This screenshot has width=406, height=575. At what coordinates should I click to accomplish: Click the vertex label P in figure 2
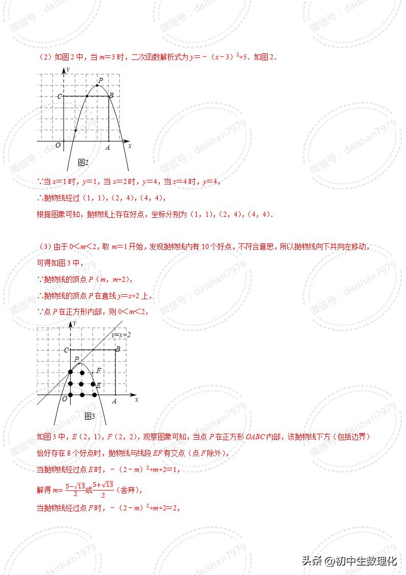[x=101, y=80]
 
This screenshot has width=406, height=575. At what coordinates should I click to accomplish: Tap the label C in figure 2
[x=59, y=96]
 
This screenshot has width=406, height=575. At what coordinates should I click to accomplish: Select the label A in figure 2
[x=108, y=148]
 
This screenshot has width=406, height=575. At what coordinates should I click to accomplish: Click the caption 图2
[x=83, y=162]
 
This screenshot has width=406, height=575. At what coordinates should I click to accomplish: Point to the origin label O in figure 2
[x=58, y=146]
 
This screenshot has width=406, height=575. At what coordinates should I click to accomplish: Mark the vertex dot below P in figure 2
[x=98, y=86]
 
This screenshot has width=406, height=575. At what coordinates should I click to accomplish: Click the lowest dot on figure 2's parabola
[x=75, y=131]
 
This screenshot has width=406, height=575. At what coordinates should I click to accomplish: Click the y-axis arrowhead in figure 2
[x=63, y=70]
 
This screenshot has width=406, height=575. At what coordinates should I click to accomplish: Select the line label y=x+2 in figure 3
[x=121, y=335]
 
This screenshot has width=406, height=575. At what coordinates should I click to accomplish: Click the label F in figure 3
[x=99, y=371]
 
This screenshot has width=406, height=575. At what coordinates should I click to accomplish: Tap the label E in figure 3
[x=98, y=385]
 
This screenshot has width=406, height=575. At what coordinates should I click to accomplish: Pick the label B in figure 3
[x=118, y=350]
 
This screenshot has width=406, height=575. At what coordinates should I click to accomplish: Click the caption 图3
[x=90, y=416]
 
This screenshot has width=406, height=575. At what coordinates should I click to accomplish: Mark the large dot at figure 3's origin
[x=71, y=395]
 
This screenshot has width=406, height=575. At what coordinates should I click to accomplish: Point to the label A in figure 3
[x=114, y=401]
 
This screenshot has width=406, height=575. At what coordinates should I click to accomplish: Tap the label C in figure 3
[x=66, y=351]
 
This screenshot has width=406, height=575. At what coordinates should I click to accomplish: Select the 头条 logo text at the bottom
[x=312, y=561]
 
